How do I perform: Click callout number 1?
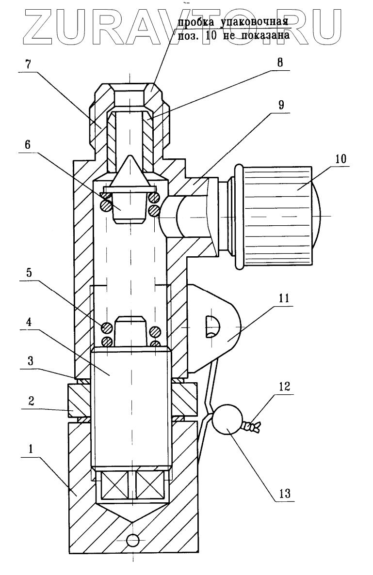(31, 450)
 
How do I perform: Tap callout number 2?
(31, 401)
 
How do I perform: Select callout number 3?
(31, 361)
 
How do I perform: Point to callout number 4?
(28, 322)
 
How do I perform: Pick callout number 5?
(29, 273)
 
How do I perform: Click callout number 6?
(28, 145)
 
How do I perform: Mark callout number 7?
(28, 64)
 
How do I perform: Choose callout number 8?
(280, 62)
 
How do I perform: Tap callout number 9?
(281, 105)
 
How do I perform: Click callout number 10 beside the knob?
(341, 159)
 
